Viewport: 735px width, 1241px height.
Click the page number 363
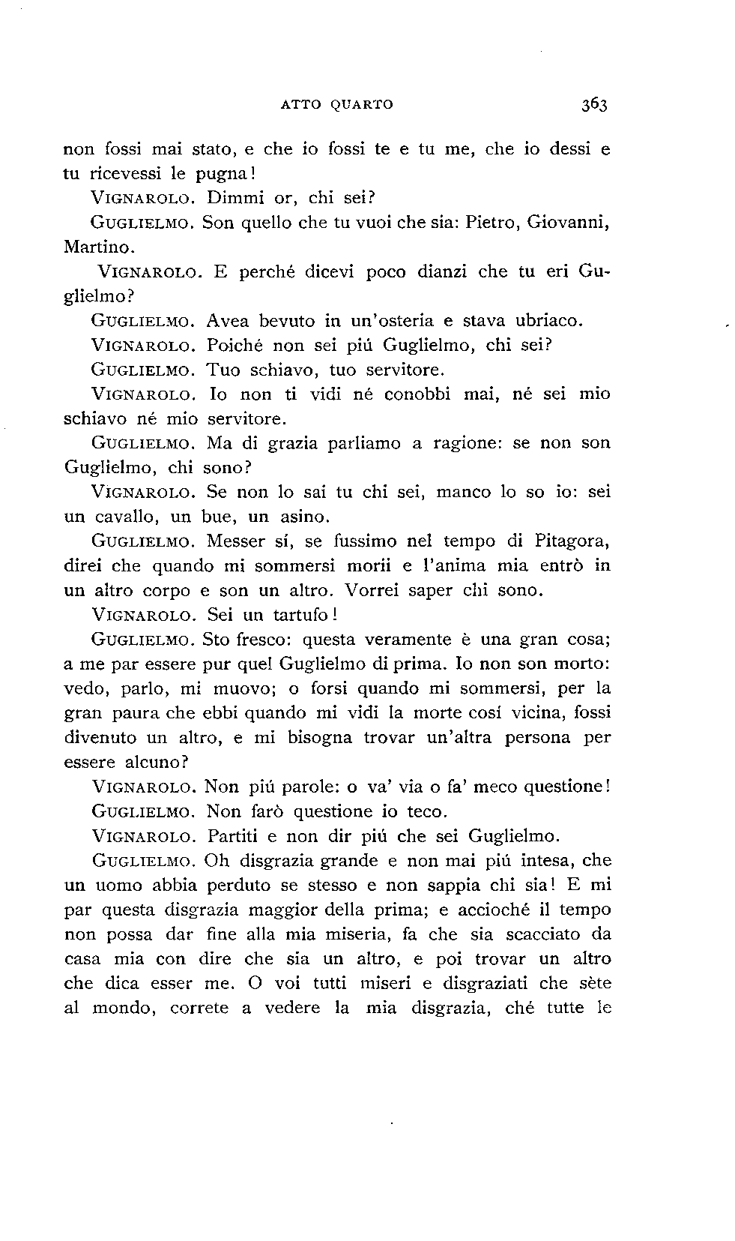[592, 104]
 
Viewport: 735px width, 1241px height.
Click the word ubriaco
[541, 321]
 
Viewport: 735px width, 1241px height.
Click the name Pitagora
[571, 541]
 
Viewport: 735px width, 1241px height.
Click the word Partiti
[234, 835]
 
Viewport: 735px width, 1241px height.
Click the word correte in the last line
[199, 1009]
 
